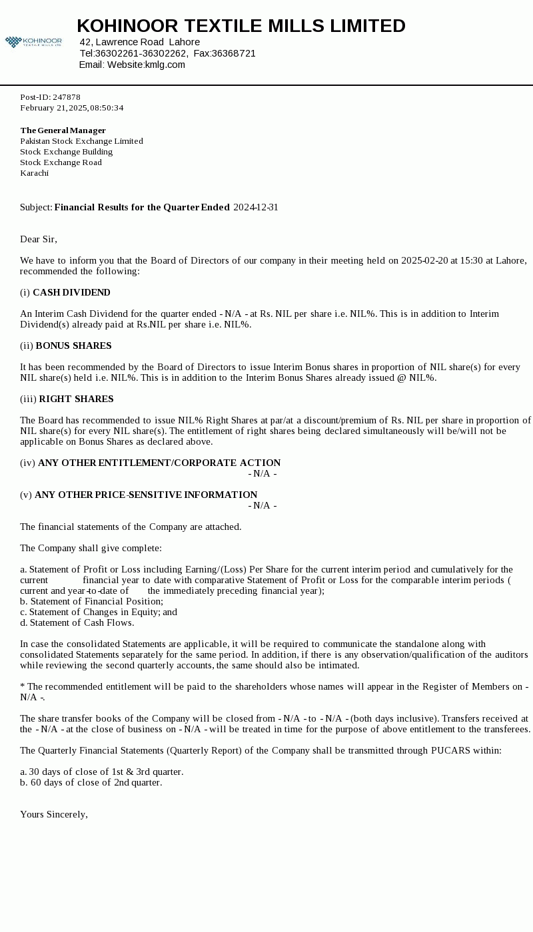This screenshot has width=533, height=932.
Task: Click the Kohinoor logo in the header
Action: click(33, 42)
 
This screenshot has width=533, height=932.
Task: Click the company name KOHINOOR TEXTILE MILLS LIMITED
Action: click(241, 26)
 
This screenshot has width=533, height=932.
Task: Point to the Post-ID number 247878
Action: click(67, 97)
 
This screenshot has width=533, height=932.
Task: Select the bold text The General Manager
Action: click(63, 130)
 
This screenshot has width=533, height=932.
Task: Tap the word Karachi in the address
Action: click(34, 173)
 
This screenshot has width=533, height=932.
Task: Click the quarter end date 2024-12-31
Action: click(256, 207)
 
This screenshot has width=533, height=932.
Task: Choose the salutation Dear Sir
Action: click(39, 239)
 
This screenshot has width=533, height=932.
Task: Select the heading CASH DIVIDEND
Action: click(71, 292)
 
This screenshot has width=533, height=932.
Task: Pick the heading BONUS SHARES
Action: click(73, 346)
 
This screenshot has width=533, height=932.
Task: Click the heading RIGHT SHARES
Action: click(76, 399)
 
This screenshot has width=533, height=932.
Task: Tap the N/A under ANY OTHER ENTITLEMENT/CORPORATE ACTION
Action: click(263, 473)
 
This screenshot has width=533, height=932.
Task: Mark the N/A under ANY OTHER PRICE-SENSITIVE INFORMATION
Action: click(263, 505)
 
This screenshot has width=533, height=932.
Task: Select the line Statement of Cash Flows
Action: click(77, 622)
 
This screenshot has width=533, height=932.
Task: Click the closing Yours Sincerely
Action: click(54, 814)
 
